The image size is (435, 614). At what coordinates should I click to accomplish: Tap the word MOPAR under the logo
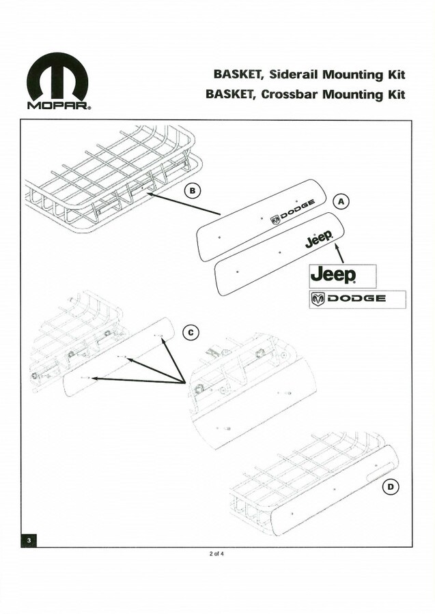coord(59,106)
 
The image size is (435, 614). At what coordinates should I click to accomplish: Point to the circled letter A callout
coord(341,201)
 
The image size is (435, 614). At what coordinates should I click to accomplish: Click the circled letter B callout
coord(193,191)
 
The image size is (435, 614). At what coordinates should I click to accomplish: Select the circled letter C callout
coord(191,333)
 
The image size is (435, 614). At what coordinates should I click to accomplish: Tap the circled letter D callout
coord(391,487)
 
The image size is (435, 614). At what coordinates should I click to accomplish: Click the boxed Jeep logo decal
coord(343,276)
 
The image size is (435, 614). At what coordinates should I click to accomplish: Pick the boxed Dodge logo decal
coord(357,299)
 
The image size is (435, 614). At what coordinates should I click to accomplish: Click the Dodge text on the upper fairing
coord(292,212)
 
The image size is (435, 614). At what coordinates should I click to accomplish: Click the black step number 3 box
coord(29,540)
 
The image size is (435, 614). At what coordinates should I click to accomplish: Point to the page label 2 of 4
coord(216,554)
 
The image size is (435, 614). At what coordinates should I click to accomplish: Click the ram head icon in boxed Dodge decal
coord(318,299)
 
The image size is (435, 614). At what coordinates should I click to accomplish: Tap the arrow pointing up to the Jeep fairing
coord(339,252)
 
